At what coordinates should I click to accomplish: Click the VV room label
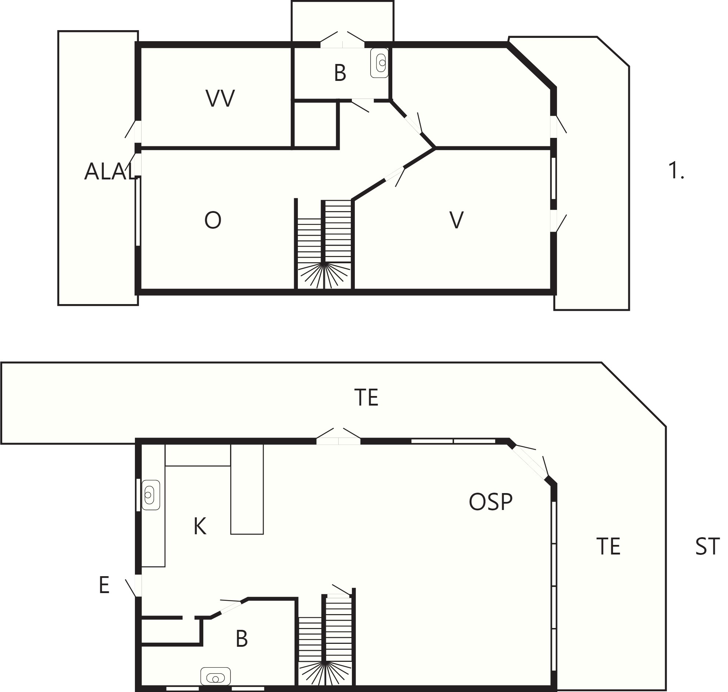(220, 99)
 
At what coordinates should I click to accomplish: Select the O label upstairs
(213, 220)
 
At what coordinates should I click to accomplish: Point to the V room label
(457, 220)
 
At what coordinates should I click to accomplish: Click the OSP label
(490, 502)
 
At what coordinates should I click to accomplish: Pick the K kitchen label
(200, 527)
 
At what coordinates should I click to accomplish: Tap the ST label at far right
(707, 547)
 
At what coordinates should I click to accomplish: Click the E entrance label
(104, 585)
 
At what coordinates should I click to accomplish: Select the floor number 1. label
(676, 171)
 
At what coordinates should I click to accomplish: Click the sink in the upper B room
(379, 63)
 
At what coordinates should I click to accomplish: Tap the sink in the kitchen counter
(151, 495)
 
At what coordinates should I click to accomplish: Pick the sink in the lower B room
(215, 676)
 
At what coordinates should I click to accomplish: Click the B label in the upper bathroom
(340, 73)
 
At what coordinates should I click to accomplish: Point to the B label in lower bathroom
(242, 639)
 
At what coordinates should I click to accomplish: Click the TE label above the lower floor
(366, 397)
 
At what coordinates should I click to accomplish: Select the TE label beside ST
(608, 546)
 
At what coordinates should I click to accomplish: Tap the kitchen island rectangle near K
(247, 489)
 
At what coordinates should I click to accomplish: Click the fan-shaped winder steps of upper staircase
(324, 275)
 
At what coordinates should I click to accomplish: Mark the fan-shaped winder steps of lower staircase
(325, 674)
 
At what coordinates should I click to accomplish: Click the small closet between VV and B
(315, 124)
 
